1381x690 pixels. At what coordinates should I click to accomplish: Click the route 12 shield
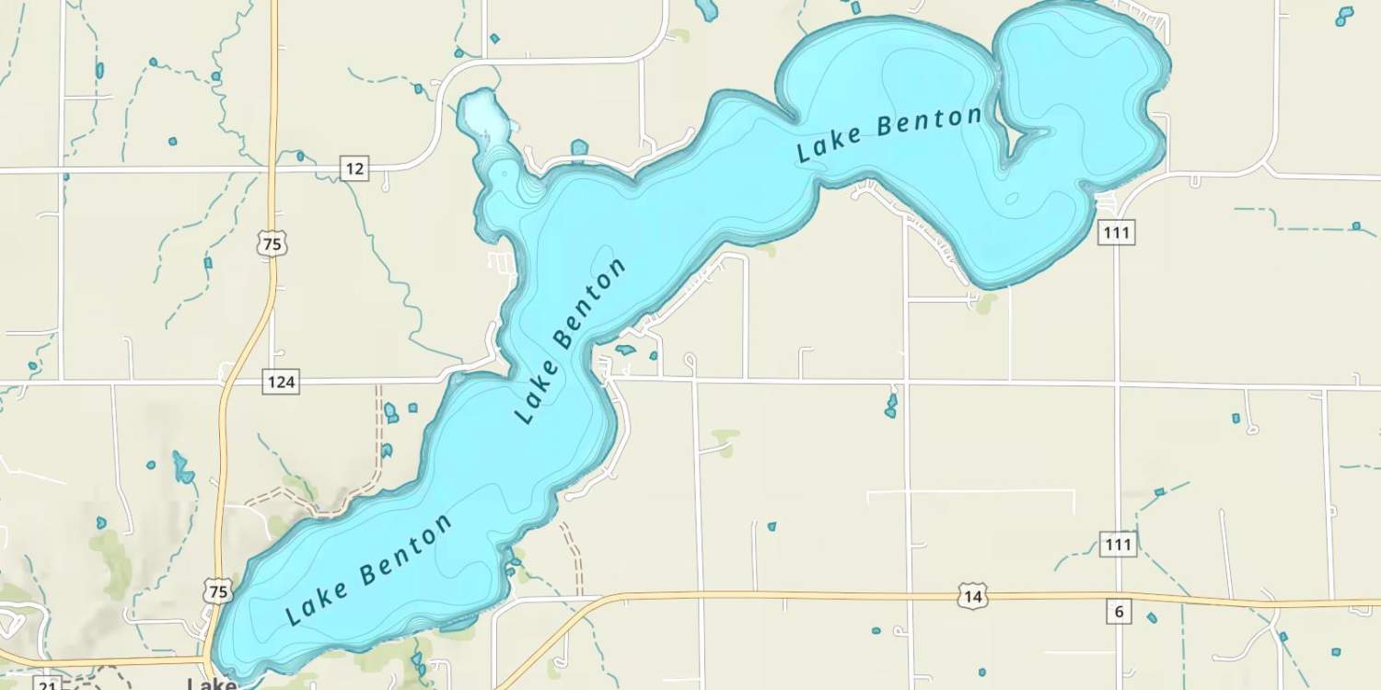click(x=354, y=168)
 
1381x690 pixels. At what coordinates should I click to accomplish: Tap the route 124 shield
click(x=280, y=381)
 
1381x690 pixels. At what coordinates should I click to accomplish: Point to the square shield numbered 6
click(x=1119, y=612)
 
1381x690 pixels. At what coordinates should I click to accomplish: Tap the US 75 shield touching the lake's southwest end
click(x=219, y=592)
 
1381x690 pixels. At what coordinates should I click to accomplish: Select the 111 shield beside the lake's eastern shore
click(x=1116, y=232)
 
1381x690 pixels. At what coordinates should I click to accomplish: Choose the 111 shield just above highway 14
click(x=1118, y=544)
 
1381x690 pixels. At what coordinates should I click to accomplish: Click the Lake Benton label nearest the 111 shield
click(x=889, y=134)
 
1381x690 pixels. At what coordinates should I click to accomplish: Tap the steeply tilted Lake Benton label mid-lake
click(x=570, y=340)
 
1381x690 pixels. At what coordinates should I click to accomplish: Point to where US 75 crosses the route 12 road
click(x=273, y=169)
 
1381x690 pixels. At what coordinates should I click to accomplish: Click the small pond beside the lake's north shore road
click(x=579, y=147)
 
